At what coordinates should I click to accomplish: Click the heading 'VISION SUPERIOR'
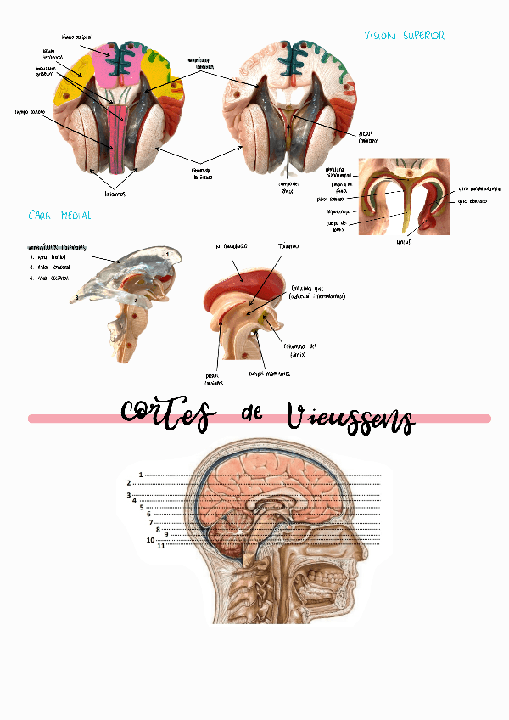click(404, 37)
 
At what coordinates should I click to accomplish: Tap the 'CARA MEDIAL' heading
click(59, 216)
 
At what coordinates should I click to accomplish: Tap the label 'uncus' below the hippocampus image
click(403, 241)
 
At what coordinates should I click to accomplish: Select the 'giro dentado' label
click(474, 202)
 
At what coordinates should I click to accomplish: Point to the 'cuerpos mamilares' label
click(269, 373)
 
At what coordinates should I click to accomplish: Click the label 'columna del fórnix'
click(302, 350)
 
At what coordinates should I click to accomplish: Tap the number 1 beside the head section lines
click(140, 475)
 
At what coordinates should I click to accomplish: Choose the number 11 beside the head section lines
click(160, 546)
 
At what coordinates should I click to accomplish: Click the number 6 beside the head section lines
click(148, 514)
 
